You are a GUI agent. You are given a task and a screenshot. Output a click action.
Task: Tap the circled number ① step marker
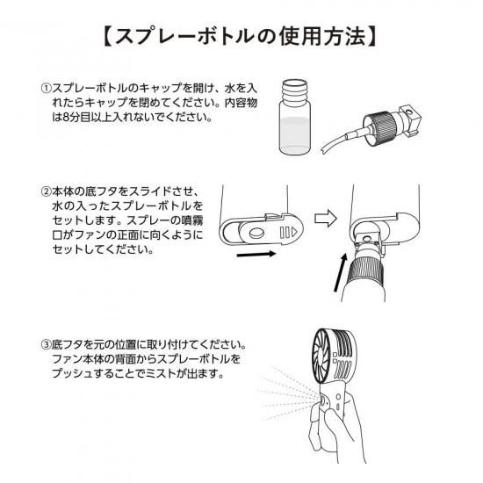(x=46, y=88)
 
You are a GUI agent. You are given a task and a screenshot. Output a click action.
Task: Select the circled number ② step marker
(x=46, y=191)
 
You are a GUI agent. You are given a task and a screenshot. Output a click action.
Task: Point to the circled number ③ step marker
(x=46, y=344)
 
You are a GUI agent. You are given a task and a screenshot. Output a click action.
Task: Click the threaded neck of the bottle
(x=295, y=91)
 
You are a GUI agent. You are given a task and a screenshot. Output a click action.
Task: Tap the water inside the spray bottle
(x=294, y=135)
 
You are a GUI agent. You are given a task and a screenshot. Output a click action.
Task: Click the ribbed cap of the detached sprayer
(x=379, y=126)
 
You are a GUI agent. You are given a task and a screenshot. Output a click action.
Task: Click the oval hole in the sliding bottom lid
(x=256, y=233)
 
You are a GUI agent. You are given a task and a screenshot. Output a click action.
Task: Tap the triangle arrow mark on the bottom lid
(x=294, y=232)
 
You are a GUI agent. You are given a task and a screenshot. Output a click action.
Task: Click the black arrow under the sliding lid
(x=256, y=254)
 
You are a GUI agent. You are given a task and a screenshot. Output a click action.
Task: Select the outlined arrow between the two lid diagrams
(x=326, y=219)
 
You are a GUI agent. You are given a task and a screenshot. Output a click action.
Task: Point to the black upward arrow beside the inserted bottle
(x=341, y=272)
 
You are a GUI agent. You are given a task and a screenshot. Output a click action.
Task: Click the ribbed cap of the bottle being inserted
(x=366, y=271)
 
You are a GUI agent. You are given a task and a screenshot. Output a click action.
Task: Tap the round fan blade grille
(x=324, y=356)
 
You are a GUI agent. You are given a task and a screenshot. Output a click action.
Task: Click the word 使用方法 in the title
(x=322, y=36)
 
